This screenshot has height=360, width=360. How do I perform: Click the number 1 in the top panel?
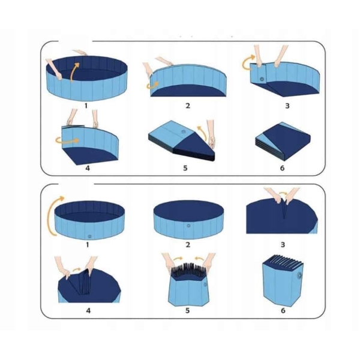[x=86, y=106]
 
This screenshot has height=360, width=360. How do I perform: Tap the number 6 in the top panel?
[x=283, y=168]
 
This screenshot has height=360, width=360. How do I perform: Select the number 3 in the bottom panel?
[x=283, y=245]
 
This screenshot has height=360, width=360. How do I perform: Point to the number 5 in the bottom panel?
[x=188, y=311]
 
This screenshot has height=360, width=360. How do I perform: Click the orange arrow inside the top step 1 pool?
[x=74, y=71]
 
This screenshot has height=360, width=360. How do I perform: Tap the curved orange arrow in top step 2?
[x=152, y=85]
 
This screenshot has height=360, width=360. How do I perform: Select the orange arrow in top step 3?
[x=247, y=62]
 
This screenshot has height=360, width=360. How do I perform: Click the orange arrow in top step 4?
[x=67, y=140]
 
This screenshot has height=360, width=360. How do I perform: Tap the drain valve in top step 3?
[x=262, y=79]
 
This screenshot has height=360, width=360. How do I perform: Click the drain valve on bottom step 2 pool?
[x=188, y=226]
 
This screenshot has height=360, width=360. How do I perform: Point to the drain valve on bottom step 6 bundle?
[x=299, y=275]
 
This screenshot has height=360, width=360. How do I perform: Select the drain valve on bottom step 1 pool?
[x=90, y=236]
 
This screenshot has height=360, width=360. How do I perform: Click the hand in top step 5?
[x=211, y=134]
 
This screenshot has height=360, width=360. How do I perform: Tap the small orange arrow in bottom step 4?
[x=77, y=269]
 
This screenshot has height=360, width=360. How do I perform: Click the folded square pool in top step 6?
[x=283, y=141]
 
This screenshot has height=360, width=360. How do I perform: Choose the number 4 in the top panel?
[x=88, y=168]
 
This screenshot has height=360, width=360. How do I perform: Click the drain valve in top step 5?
[x=183, y=132]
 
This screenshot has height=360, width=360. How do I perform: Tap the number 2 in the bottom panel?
[x=188, y=245]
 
